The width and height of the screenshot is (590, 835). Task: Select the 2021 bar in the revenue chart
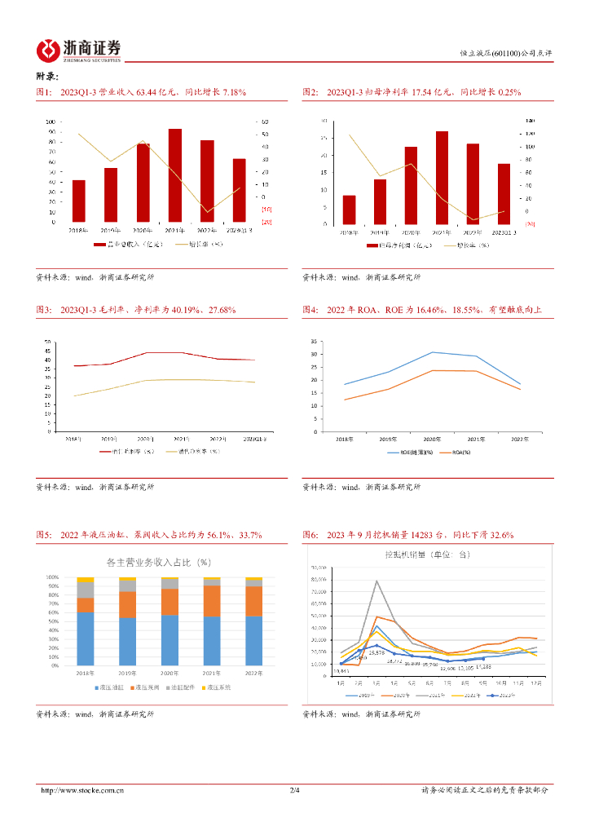(x=175, y=175)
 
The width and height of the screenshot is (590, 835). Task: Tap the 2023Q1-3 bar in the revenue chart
(x=239, y=190)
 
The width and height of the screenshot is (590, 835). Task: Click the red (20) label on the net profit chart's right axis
(x=530, y=223)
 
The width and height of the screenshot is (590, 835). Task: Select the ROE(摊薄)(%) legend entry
(x=404, y=452)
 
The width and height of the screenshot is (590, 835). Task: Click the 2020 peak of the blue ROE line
(x=432, y=352)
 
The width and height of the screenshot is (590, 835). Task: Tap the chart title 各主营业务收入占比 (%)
(x=159, y=562)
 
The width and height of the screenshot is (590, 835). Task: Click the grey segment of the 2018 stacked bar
(x=86, y=590)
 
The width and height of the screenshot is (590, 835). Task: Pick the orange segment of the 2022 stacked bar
(x=254, y=601)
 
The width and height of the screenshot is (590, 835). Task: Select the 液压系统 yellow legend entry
(x=216, y=687)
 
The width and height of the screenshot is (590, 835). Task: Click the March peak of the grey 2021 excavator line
(x=376, y=581)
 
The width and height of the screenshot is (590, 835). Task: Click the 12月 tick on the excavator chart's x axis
(x=535, y=682)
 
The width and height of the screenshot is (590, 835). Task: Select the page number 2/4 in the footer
(x=295, y=790)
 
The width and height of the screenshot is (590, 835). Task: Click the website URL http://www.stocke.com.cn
(x=82, y=790)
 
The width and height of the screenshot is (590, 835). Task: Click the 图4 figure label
(x=310, y=310)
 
